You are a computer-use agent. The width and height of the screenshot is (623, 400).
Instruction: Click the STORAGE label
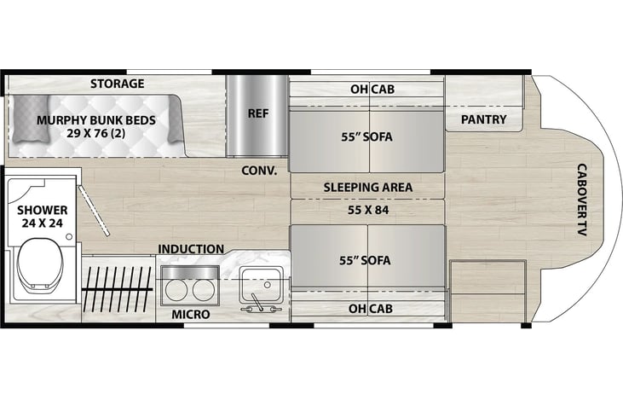118,84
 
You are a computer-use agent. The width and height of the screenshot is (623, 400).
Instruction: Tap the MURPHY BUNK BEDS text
96,120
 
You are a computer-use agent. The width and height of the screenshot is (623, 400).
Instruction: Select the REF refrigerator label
258,113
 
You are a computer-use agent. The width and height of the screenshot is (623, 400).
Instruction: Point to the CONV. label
259,171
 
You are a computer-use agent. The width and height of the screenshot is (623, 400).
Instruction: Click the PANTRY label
483,119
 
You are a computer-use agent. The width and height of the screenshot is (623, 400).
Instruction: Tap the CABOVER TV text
582,200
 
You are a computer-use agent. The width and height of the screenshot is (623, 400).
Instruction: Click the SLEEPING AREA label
367,188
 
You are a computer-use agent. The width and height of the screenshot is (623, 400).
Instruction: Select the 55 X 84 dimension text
368,210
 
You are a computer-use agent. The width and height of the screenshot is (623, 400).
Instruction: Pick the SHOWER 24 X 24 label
42,217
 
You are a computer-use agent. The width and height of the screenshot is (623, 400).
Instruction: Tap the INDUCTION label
191,249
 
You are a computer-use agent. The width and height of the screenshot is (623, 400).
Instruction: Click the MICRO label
191,315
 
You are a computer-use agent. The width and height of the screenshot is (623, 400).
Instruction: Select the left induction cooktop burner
176,291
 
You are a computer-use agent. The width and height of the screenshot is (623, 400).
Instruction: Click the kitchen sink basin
261,284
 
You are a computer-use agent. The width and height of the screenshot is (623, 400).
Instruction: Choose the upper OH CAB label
372,90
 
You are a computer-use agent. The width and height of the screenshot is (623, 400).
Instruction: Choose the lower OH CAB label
370,309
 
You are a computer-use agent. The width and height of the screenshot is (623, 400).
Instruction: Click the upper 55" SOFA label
366,136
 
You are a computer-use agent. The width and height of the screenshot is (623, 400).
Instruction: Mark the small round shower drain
69,237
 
